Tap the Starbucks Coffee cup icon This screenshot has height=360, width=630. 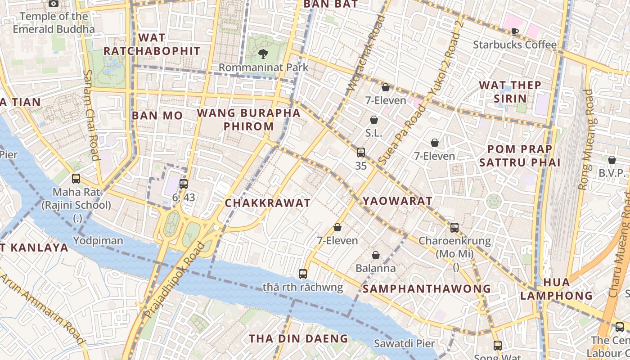point(514,31)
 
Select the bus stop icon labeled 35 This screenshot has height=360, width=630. point(360,153)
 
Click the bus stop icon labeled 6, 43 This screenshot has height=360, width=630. point(183,184)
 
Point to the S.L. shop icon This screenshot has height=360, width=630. point(373,120)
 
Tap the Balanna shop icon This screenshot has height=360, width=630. point(375,256)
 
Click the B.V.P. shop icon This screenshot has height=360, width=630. point(612,160)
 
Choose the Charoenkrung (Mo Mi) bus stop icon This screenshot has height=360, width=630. point(454,227)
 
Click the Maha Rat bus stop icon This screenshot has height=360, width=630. point(76,179)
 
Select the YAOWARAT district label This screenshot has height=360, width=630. point(397,201)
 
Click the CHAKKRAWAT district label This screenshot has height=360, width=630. point(268,203)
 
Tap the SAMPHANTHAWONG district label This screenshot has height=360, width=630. point(427,289)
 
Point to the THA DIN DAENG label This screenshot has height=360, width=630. point(299,338)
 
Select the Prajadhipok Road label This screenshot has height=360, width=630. point(175,279)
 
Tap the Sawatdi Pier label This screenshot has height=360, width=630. point(405,344)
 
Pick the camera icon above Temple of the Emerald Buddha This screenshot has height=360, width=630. point(54,4)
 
